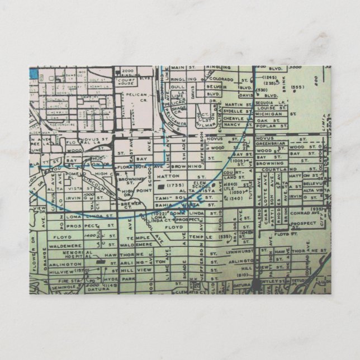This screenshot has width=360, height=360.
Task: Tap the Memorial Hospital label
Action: pos(78,255)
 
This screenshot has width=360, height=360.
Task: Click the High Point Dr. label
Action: pos(127,192)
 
